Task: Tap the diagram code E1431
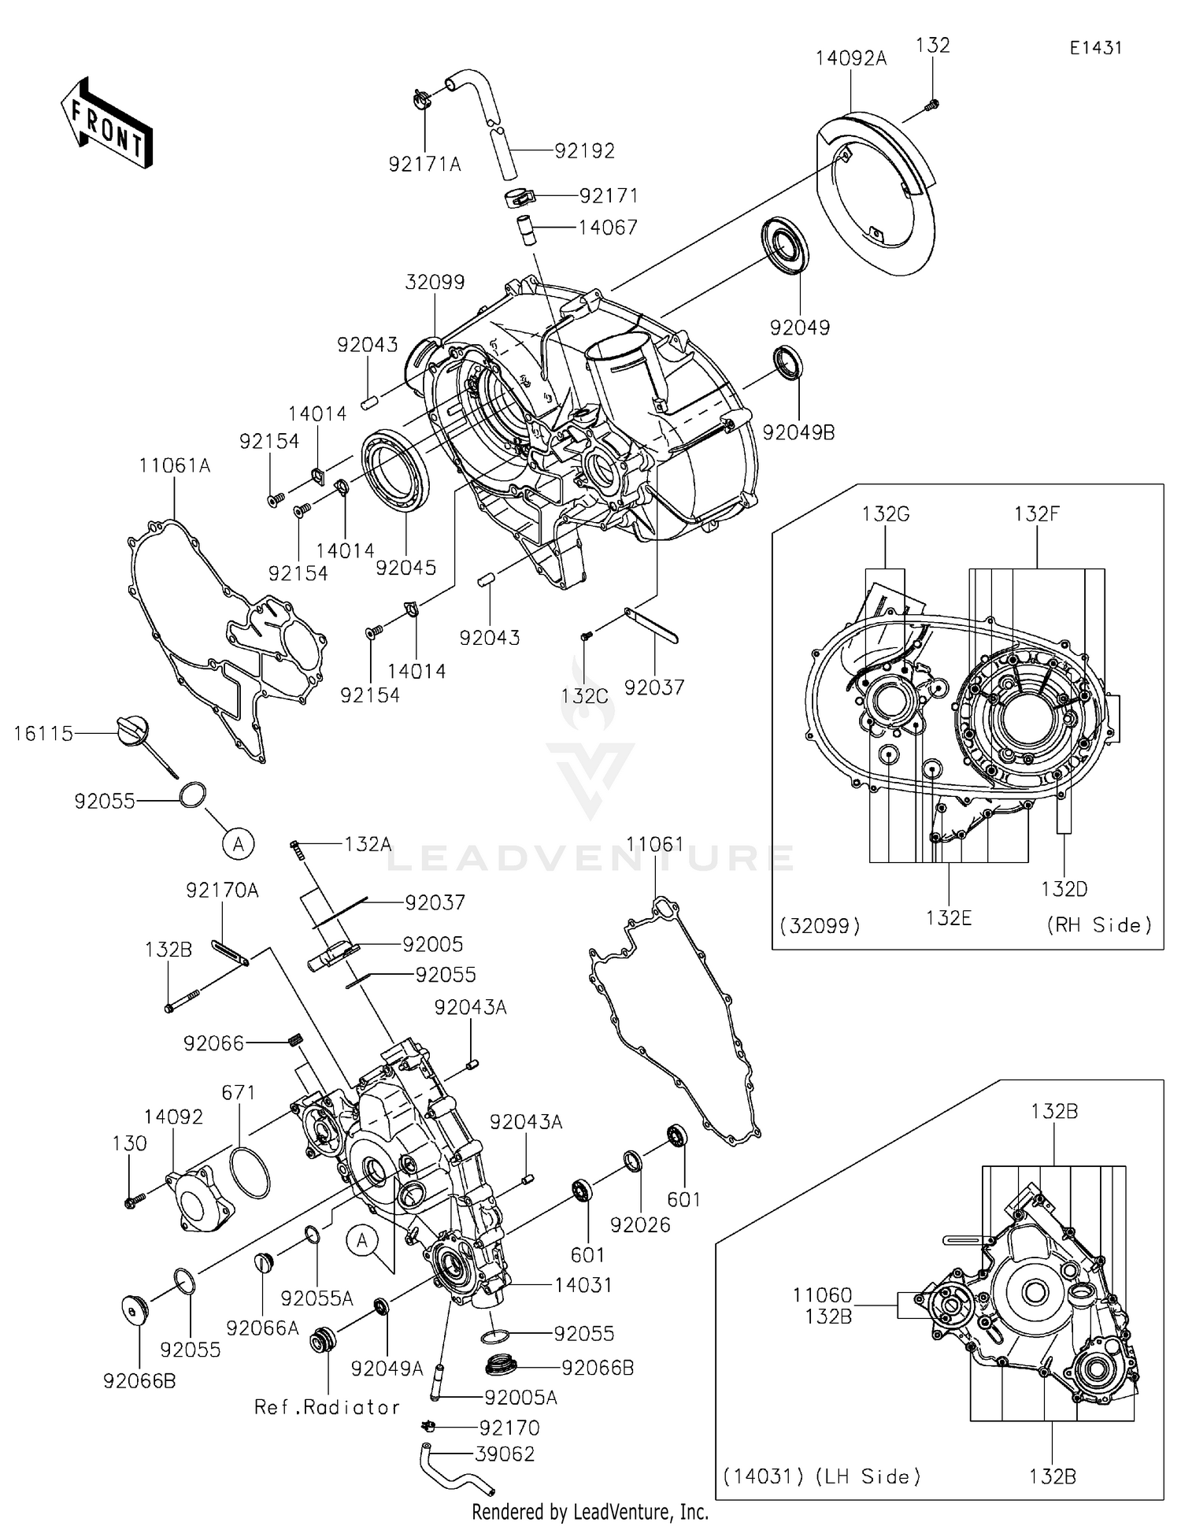[1095, 48]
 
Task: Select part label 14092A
[850, 58]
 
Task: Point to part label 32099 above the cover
[435, 282]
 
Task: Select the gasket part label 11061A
[175, 466]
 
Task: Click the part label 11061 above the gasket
[655, 845]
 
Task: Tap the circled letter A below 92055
[239, 844]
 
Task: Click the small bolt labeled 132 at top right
[932, 102]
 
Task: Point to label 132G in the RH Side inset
[885, 514]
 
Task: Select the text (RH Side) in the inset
[1098, 925]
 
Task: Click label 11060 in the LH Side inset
[822, 1295]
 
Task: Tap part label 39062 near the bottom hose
[505, 1454]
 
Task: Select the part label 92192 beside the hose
[584, 150]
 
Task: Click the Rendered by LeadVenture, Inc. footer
[590, 1512]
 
